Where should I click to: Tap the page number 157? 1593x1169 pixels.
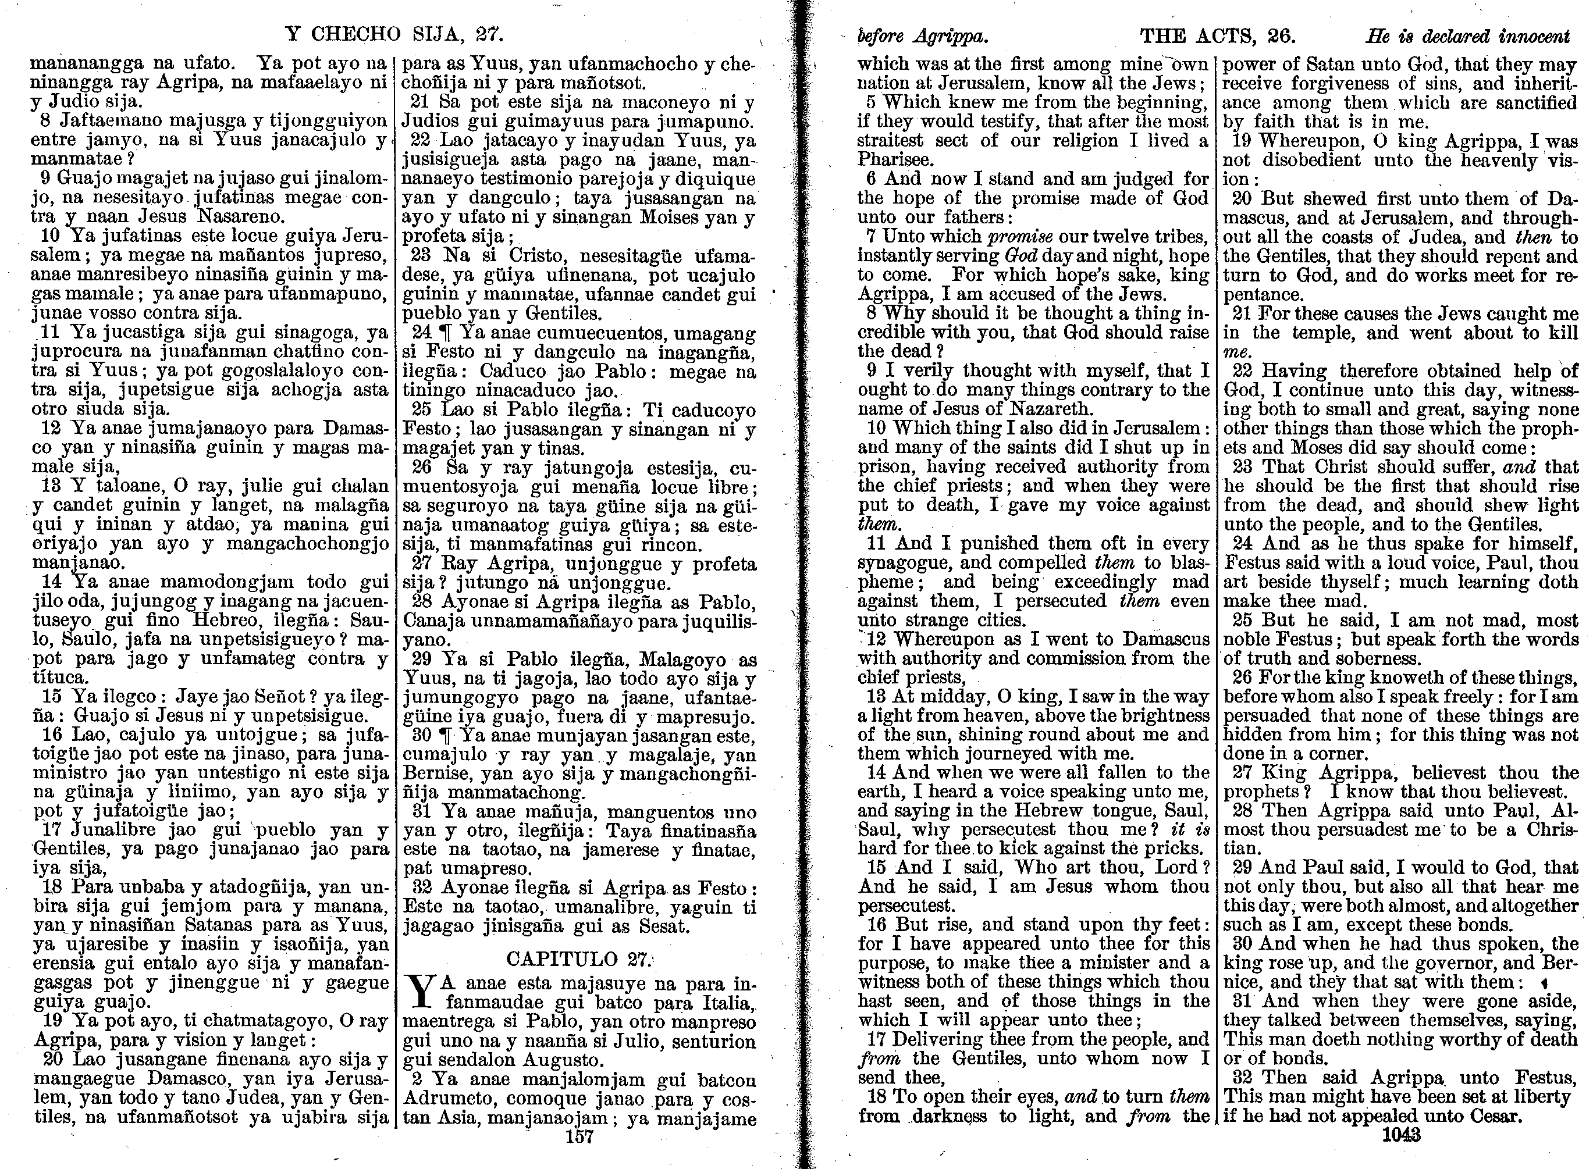tap(579, 1137)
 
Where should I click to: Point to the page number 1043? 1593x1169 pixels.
tap(1400, 1135)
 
